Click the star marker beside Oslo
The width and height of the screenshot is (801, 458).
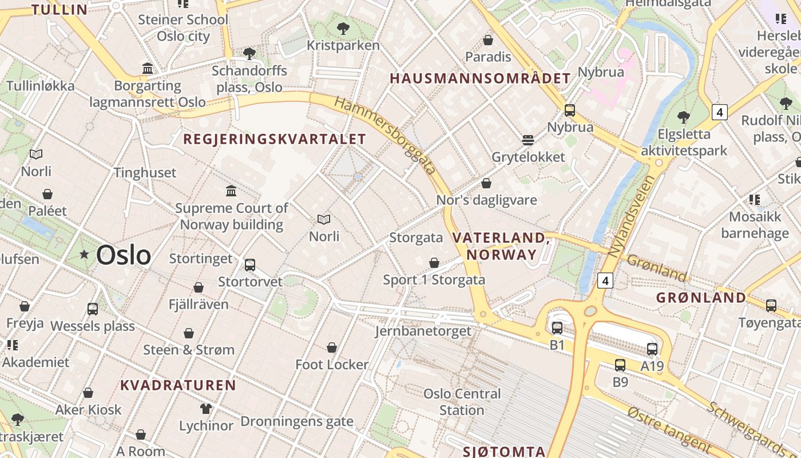click(85, 254)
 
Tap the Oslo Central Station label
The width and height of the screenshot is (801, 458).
click(462, 402)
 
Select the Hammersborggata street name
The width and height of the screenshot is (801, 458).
click(385, 136)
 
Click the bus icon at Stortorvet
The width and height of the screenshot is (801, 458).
click(250, 265)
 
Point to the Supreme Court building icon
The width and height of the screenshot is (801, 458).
click(231, 191)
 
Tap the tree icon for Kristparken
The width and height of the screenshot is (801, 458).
click(343, 28)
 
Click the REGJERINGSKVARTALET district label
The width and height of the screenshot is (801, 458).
click(274, 139)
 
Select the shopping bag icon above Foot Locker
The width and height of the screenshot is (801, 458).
click(332, 348)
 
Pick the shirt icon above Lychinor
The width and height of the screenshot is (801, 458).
click(206, 409)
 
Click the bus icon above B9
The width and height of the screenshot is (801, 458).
click(620, 365)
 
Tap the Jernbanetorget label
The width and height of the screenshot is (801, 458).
click(423, 331)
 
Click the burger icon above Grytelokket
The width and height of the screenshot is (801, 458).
click(528, 140)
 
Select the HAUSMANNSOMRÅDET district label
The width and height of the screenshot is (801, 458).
click(480, 79)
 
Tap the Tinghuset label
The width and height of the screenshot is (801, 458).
click(145, 172)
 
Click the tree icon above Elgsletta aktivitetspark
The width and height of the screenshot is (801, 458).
click(683, 117)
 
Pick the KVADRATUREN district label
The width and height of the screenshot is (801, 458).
click(178, 385)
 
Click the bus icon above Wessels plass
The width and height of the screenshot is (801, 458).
click(93, 309)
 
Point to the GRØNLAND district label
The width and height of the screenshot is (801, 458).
click(701, 298)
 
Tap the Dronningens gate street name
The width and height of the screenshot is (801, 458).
click(297, 422)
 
